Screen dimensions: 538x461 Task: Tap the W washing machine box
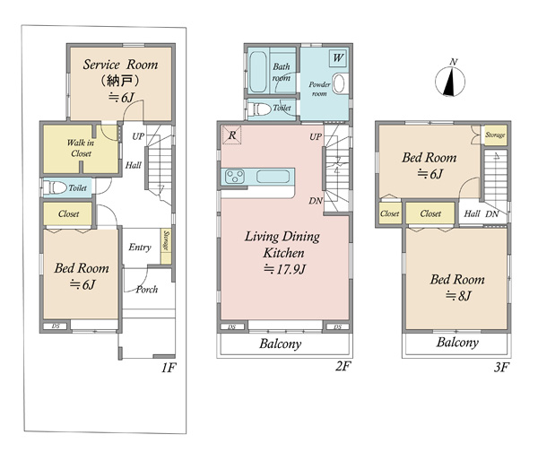338,57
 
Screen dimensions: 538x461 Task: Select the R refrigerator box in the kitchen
232,135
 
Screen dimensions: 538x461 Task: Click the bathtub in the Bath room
257,72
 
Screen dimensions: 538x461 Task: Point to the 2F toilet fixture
259,109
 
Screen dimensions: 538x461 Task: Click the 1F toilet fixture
56,187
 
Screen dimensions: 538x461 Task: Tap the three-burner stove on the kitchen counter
235,177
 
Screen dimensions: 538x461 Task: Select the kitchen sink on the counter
273,177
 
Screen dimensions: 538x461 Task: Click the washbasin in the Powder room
339,83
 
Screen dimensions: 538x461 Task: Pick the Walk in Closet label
81,148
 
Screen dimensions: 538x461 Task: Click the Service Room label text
120,65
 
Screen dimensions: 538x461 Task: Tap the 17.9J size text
284,269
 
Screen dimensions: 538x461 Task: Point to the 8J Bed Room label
457,287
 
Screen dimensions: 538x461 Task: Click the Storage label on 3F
495,135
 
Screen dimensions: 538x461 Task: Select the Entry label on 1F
140,248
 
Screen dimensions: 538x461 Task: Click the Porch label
147,290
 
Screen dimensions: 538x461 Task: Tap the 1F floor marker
169,368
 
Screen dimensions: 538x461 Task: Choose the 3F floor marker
501,368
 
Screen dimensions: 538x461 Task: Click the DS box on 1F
56,326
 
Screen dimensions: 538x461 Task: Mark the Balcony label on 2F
281,344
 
